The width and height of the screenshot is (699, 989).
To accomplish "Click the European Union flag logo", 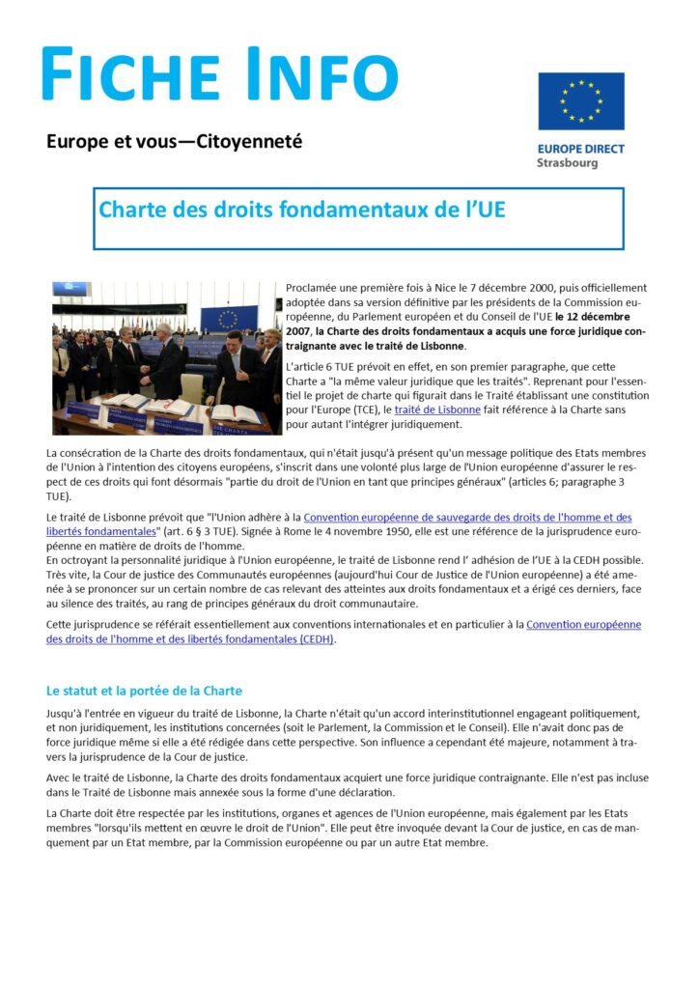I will click(x=581, y=100).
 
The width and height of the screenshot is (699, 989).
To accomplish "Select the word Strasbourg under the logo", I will click(x=567, y=163).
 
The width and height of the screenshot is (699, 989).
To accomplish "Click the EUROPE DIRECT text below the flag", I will click(x=580, y=149).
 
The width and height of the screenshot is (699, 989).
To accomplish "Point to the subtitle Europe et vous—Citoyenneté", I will click(x=175, y=141).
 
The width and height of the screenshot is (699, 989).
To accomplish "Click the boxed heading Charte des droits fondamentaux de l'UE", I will click(x=302, y=210).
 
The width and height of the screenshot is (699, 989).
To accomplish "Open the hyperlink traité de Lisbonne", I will click(x=437, y=410).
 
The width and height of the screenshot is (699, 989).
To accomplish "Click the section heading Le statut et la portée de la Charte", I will click(x=144, y=691).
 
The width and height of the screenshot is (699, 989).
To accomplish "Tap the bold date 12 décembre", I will click(x=598, y=317).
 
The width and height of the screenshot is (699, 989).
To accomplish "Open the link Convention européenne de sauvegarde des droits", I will click(x=467, y=518).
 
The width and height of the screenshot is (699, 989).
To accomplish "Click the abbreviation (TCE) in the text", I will click(x=351, y=410).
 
